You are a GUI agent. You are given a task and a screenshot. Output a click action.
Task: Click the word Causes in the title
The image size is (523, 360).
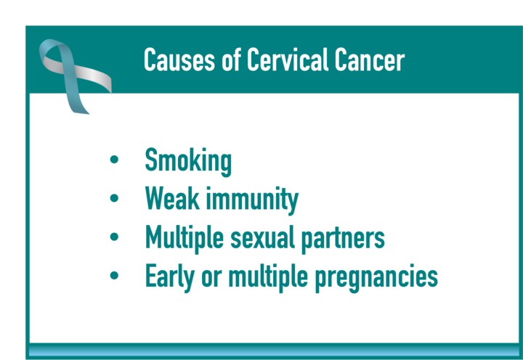coord(179,60)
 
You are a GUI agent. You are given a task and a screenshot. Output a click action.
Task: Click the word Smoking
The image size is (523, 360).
coord(188,162)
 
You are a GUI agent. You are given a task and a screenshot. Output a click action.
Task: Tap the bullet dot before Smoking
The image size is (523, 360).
coord(114,160)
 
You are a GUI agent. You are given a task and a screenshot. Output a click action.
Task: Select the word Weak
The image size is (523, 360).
coord(172,199)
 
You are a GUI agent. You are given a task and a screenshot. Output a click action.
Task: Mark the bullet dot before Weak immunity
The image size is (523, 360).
coord(114,198)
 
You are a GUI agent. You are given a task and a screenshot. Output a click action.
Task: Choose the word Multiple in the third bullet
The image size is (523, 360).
coord(185,238)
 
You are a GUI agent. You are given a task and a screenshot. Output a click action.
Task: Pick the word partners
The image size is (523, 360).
coord(343,240)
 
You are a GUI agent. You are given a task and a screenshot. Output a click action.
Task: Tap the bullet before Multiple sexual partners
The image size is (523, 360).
coord(114,237)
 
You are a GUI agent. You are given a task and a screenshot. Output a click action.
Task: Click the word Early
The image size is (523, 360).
coord(170,278)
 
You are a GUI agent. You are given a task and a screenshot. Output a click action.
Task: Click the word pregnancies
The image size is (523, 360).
coord(376,279)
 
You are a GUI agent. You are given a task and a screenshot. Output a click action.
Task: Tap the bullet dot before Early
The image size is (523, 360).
coord(114,275)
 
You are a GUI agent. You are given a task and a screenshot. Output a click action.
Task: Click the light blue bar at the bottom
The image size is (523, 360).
coord(274,351)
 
